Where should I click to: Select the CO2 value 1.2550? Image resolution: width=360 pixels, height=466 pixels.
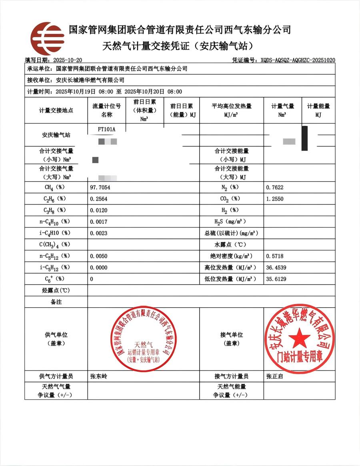[275, 199]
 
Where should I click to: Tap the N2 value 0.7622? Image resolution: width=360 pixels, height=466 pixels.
[275, 187]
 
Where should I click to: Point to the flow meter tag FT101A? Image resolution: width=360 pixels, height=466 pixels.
[106, 129]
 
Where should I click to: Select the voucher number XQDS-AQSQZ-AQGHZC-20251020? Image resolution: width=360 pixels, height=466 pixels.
[298, 60]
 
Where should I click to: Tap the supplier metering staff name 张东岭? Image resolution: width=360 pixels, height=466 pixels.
[99, 376]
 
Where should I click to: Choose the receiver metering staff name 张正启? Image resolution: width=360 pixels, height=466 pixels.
[274, 376]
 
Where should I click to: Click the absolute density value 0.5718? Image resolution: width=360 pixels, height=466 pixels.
[275, 256]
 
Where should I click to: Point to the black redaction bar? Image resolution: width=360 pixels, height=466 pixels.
[305, 138]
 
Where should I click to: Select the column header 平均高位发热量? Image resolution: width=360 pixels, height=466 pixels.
[231, 106]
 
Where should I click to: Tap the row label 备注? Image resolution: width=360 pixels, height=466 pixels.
[56, 302]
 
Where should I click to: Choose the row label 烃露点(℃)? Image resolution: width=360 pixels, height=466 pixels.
[56, 291]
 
